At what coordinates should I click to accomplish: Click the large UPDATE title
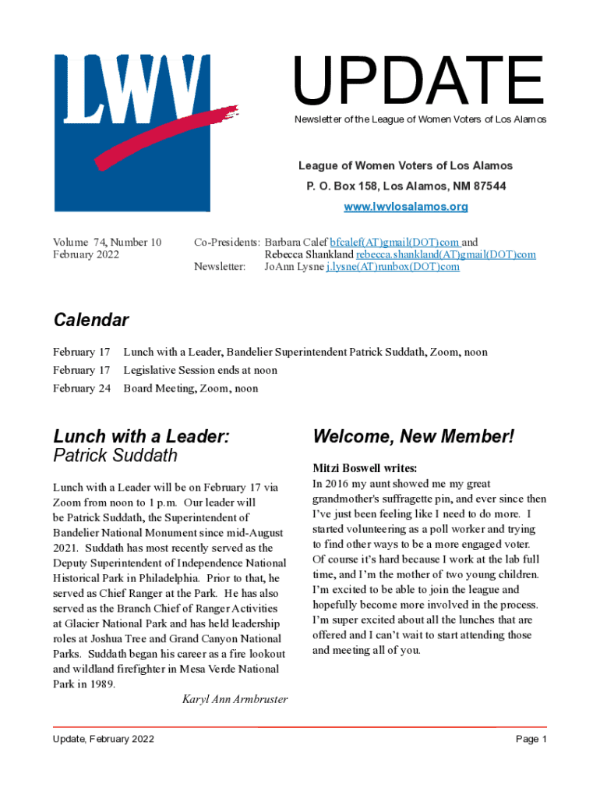pyautogui.click(x=418, y=81)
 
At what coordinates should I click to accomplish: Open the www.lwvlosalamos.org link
pyautogui.click(x=406, y=207)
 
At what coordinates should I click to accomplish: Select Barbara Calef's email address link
pyautogui.click(x=395, y=243)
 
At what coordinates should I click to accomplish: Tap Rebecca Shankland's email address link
pyautogui.click(x=446, y=254)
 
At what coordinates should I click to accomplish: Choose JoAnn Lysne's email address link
pyautogui.click(x=393, y=267)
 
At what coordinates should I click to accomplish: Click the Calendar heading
pyautogui.click(x=91, y=320)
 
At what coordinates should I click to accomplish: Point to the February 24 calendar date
pyautogui.click(x=82, y=389)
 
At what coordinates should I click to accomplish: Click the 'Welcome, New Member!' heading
pyautogui.click(x=413, y=437)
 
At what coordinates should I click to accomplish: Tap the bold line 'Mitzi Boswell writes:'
pyautogui.click(x=365, y=468)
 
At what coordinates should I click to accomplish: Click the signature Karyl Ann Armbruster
pyautogui.click(x=235, y=699)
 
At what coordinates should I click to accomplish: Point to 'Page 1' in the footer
pyautogui.click(x=531, y=739)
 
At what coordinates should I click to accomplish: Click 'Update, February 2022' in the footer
pyautogui.click(x=104, y=739)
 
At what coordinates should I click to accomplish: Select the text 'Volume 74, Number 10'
pyautogui.click(x=107, y=243)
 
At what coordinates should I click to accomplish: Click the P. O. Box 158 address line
pyautogui.click(x=405, y=186)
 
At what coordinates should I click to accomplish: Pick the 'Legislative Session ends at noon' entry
pyautogui.click(x=200, y=370)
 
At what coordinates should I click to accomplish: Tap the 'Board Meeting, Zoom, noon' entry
pyautogui.click(x=191, y=389)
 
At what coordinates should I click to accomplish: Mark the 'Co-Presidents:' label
pyautogui.click(x=226, y=243)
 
